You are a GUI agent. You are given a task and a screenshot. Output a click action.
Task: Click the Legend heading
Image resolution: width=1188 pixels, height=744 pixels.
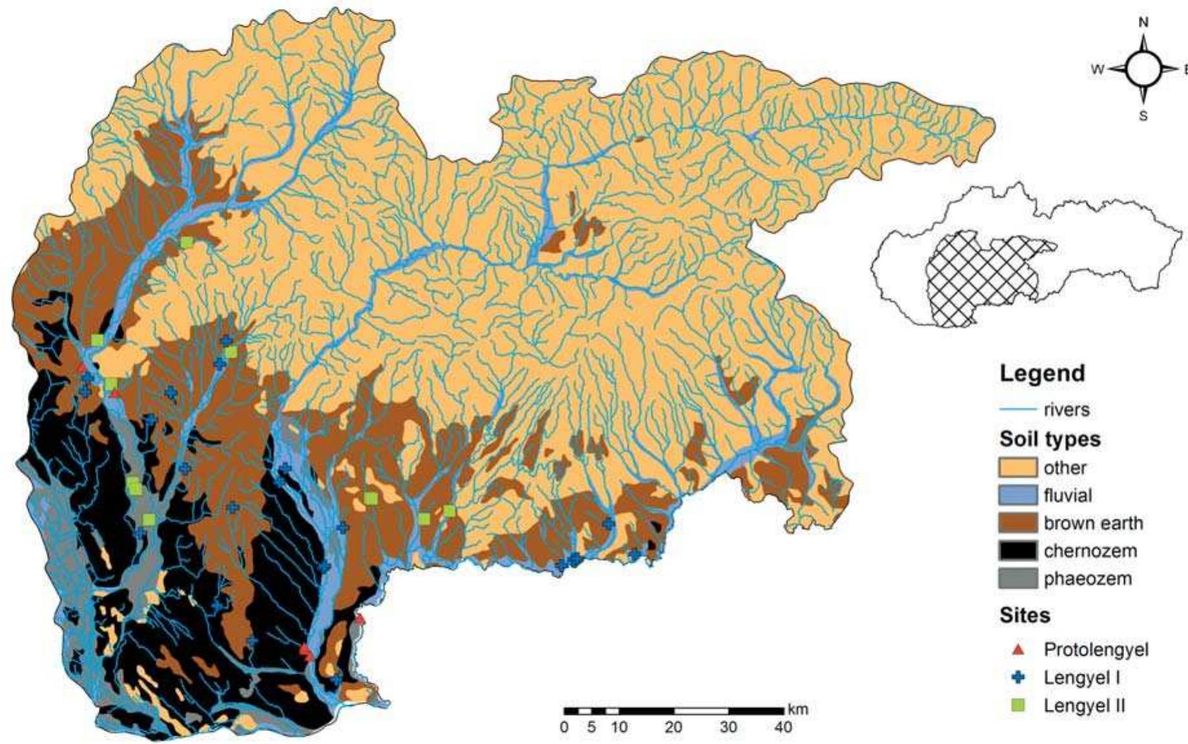[x=1042, y=374]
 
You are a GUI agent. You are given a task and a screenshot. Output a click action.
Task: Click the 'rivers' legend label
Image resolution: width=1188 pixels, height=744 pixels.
[x=1066, y=410]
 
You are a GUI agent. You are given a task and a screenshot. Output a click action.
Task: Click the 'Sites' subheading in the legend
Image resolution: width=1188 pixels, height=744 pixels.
[x=1025, y=615]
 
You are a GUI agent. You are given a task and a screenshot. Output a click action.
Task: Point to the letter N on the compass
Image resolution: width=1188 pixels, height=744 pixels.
[x=1143, y=23]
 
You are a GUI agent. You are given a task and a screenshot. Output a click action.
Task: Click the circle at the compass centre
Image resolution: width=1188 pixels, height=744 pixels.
[x=1143, y=69]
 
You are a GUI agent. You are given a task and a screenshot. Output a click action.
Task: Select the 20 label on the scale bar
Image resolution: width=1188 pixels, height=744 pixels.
[x=673, y=727]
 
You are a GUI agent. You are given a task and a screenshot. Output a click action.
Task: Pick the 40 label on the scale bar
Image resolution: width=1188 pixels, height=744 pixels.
[x=783, y=727]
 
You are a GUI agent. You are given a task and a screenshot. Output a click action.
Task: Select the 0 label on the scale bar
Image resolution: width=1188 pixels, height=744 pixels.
[x=564, y=727]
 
